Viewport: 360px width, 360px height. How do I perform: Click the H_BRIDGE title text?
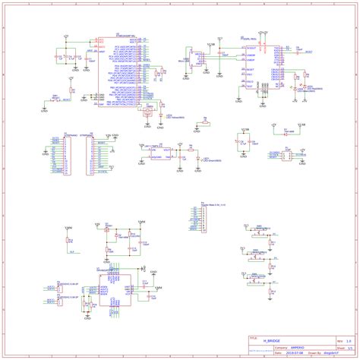click(x=270, y=341)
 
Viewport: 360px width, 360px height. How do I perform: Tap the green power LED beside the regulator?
click(x=201, y=161)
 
